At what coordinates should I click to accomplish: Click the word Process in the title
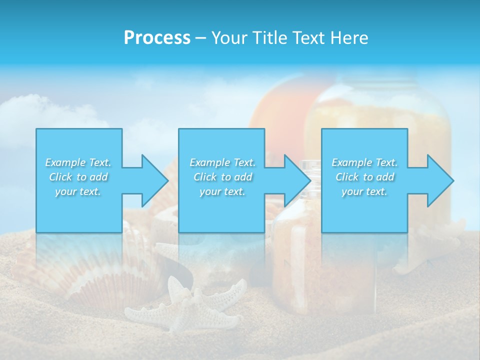[x=157, y=38]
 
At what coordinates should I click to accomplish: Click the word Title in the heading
[x=270, y=38]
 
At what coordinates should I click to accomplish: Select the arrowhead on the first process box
[x=153, y=180]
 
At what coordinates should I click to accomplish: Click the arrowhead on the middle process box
[x=296, y=180]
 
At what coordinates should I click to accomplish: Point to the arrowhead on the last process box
[x=438, y=180]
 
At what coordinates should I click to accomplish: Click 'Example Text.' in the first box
[x=78, y=162]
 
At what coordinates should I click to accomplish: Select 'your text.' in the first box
[x=78, y=191]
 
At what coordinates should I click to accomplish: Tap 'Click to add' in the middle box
[x=222, y=177]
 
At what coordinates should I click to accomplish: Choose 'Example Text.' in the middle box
[x=222, y=162]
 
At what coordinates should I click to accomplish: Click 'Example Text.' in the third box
[x=364, y=162]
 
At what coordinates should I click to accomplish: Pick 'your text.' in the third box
[x=364, y=191]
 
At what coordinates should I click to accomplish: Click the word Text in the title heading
[x=308, y=38]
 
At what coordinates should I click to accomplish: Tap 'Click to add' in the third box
[x=364, y=177]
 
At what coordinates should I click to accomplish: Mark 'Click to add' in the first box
[x=78, y=177]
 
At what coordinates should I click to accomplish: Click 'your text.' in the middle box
[x=222, y=191]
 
